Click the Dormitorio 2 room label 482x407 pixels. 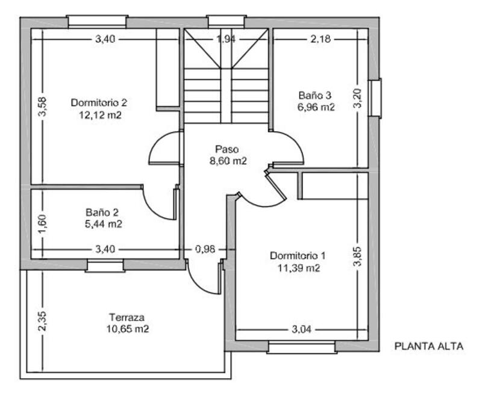coord(99,102)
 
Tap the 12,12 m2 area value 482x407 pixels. coord(99,114)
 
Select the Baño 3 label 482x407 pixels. coord(315,95)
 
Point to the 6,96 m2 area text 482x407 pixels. coord(316,108)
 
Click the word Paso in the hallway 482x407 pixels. coord(227,149)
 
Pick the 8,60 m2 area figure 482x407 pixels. coord(227,161)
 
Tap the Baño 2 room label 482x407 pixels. coord(101,212)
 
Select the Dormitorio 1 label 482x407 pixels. coord(297,255)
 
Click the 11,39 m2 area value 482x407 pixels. coord(298,268)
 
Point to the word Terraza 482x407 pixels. coord(127,317)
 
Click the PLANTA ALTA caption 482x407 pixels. coord(428,347)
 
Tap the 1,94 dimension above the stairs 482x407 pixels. coord(226,39)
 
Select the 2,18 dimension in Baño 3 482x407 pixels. coord(320,39)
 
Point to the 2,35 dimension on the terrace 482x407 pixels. coord(42,320)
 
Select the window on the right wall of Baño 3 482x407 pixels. coord(377,97)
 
